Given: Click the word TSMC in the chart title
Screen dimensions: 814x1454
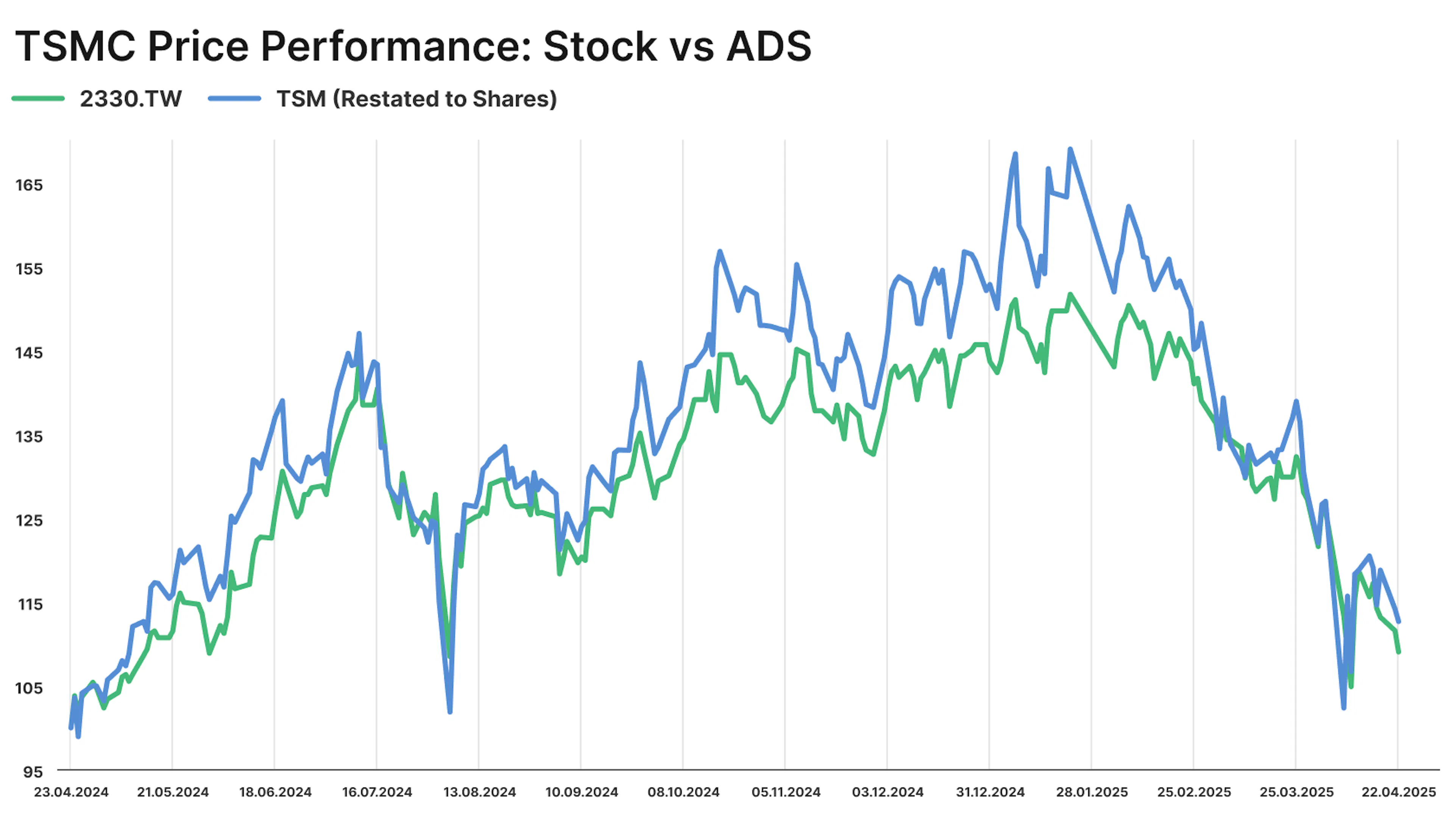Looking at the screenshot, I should [75, 46].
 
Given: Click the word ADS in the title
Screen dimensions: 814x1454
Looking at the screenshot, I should [768, 46].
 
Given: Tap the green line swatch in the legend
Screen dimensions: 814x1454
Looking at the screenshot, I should [38, 99].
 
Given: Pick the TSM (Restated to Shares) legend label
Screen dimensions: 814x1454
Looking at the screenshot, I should [417, 99].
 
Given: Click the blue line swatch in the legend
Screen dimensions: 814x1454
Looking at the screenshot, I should [234, 99].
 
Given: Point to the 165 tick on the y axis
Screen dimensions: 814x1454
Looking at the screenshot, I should [29, 185].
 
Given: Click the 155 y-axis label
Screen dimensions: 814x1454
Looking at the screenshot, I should [29, 269].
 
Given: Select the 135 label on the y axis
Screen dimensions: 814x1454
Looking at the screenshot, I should [29, 437].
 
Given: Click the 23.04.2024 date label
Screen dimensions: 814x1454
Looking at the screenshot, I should [71, 792].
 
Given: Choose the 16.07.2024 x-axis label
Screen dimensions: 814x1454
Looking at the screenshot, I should [377, 792].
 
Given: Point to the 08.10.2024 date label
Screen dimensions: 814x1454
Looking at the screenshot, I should [683, 792].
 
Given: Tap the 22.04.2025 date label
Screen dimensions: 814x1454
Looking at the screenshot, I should [1398, 792].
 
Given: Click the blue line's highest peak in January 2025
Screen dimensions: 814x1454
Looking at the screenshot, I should [1070, 150].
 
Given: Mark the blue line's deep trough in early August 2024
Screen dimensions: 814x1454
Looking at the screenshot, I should [450, 712].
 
